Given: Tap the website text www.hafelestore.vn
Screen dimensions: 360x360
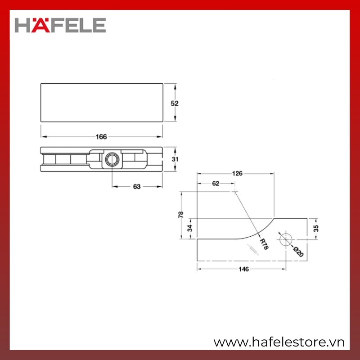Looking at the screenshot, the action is pos(279,342).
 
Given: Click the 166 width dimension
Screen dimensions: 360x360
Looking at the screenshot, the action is pos(101,137).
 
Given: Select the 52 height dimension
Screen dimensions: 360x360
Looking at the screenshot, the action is pos(175,103).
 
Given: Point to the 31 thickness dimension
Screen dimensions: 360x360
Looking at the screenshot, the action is pos(175,159).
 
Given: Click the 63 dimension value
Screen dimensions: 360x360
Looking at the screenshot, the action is pos(137,187).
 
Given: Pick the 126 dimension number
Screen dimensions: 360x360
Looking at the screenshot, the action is pos(237,173).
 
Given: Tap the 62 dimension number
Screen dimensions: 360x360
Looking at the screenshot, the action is pos(216,183).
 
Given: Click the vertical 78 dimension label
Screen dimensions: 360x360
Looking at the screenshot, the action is pos(181,215).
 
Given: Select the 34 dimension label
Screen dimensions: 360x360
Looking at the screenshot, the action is pos(189,228).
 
